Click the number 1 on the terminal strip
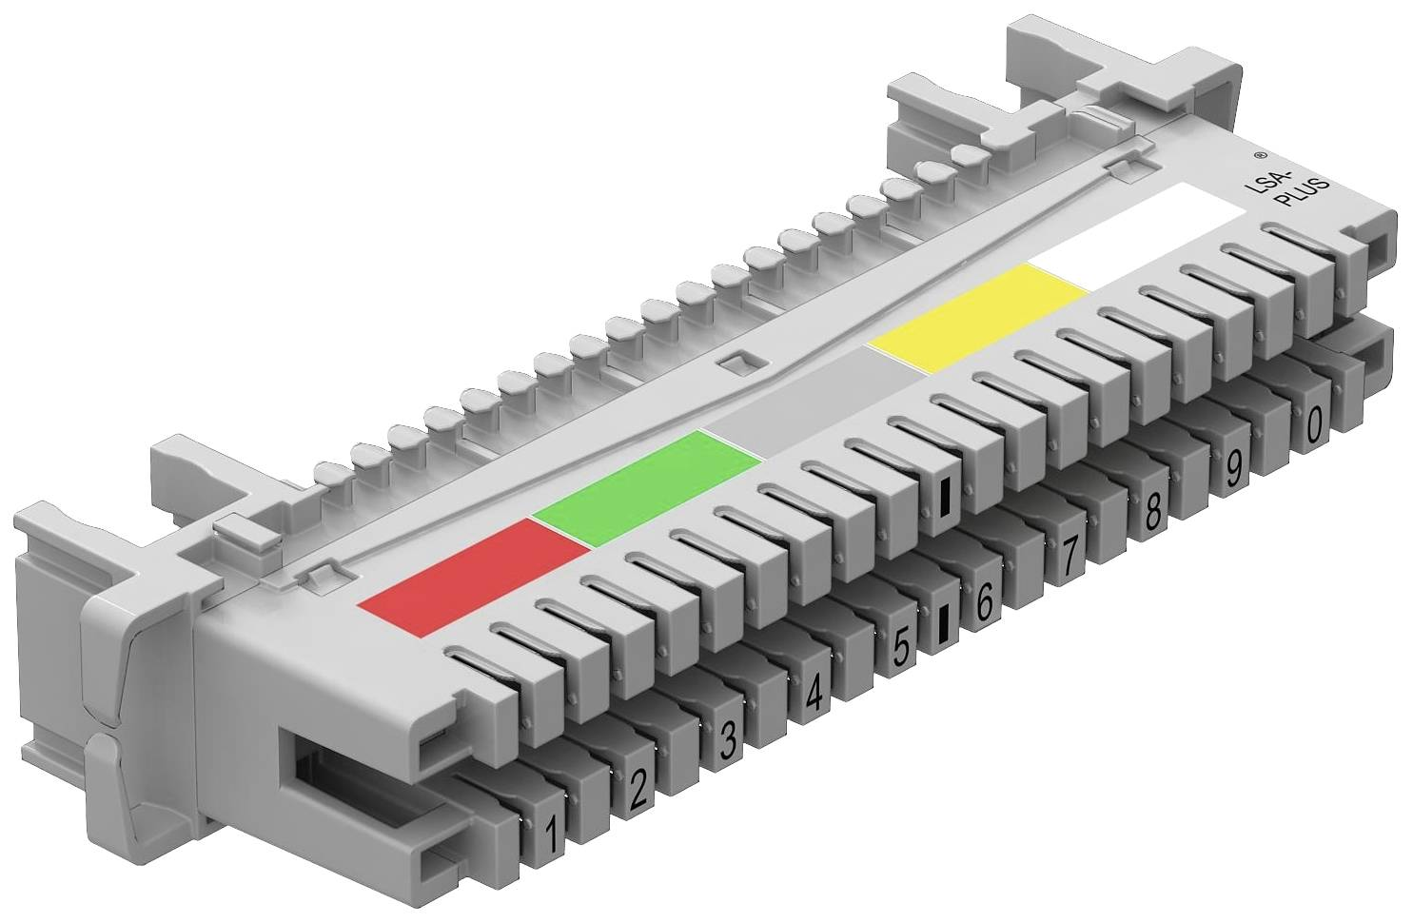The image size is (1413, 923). click(x=549, y=835)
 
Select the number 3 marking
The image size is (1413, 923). click(x=728, y=740)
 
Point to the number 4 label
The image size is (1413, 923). click(x=814, y=695)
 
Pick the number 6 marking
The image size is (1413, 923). click(x=984, y=601)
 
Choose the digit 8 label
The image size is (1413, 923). click(x=1152, y=512)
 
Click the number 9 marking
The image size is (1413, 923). click(x=1234, y=467)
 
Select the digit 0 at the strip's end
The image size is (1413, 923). click(x=1314, y=424)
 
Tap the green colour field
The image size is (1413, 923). click(x=647, y=487)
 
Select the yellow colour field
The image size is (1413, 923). click(x=978, y=317)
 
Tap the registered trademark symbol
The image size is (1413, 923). click(x=1259, y=153)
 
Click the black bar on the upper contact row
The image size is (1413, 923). click(x=945, y=497)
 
